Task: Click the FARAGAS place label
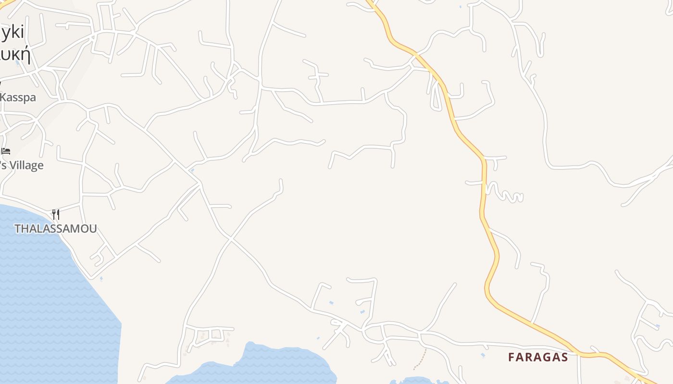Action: click(538, 357)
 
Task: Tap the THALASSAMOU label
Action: click(56, 229)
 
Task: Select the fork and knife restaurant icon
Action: click(56, 214)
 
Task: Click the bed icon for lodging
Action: click(6, 151)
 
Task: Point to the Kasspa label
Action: click(18, 97)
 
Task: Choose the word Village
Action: click(26, 166)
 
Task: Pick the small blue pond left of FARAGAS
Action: click(483, 355)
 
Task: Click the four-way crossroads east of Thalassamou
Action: click(231, 239)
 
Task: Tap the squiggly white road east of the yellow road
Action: click(505, 193)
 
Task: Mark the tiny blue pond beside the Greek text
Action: click(18, 63)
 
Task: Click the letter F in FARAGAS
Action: click(512, 357)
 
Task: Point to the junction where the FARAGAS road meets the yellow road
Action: click(580, 355)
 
